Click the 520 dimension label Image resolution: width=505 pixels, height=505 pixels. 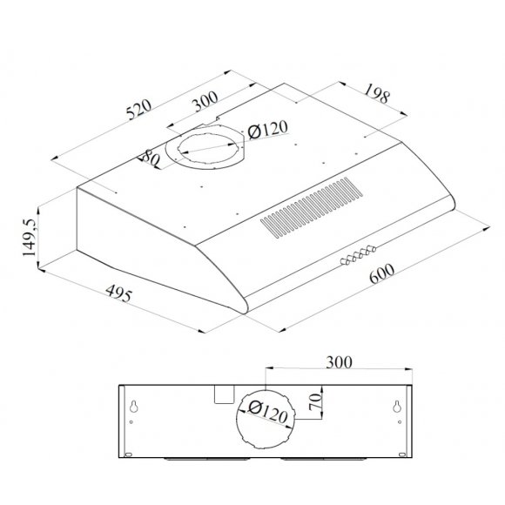click(138, 110)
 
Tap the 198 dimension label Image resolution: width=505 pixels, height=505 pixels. click(376, 93)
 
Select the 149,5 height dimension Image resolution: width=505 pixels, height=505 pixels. click(29, 238)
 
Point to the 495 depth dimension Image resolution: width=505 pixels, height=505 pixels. click(118, 293)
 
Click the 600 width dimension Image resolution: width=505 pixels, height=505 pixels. click(382, 273)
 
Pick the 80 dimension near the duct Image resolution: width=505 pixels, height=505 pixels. click(151, 158)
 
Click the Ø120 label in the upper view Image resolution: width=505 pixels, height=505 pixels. click(268, 130)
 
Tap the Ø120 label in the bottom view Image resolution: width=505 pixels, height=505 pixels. click(268, 413)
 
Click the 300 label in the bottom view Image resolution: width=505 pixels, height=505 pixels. click(339, 362)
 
